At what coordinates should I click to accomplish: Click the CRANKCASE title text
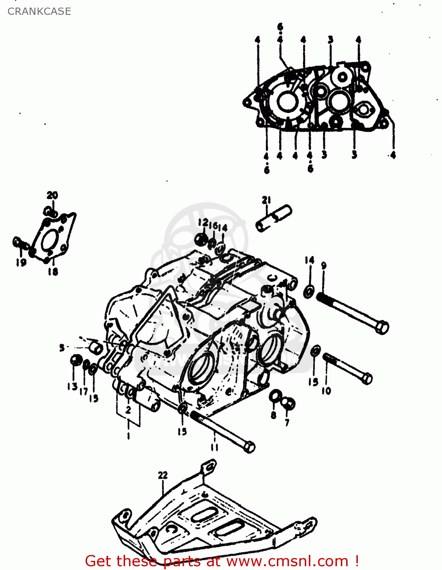[x=39, y=11]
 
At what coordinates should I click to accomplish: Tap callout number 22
[x=163, y=475]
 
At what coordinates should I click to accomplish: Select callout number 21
[x=266, y=200]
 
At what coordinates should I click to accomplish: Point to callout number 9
[x=324, y=266]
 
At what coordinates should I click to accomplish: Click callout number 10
[x=326, y=391]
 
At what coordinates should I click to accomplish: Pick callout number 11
[x=215, y=447]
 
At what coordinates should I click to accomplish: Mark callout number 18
[x=53, y=271]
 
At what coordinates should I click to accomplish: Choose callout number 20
[x=52, y=195]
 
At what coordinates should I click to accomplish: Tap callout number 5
[x=62, y=347]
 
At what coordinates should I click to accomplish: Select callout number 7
[x=287, y=422]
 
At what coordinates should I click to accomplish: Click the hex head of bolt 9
[x=382, y=327]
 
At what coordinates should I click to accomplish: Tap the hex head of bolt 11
[x=249, y=447]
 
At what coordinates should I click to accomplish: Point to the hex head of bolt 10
[x=367, y=378]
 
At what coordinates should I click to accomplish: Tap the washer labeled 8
[x=274, y=396]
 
